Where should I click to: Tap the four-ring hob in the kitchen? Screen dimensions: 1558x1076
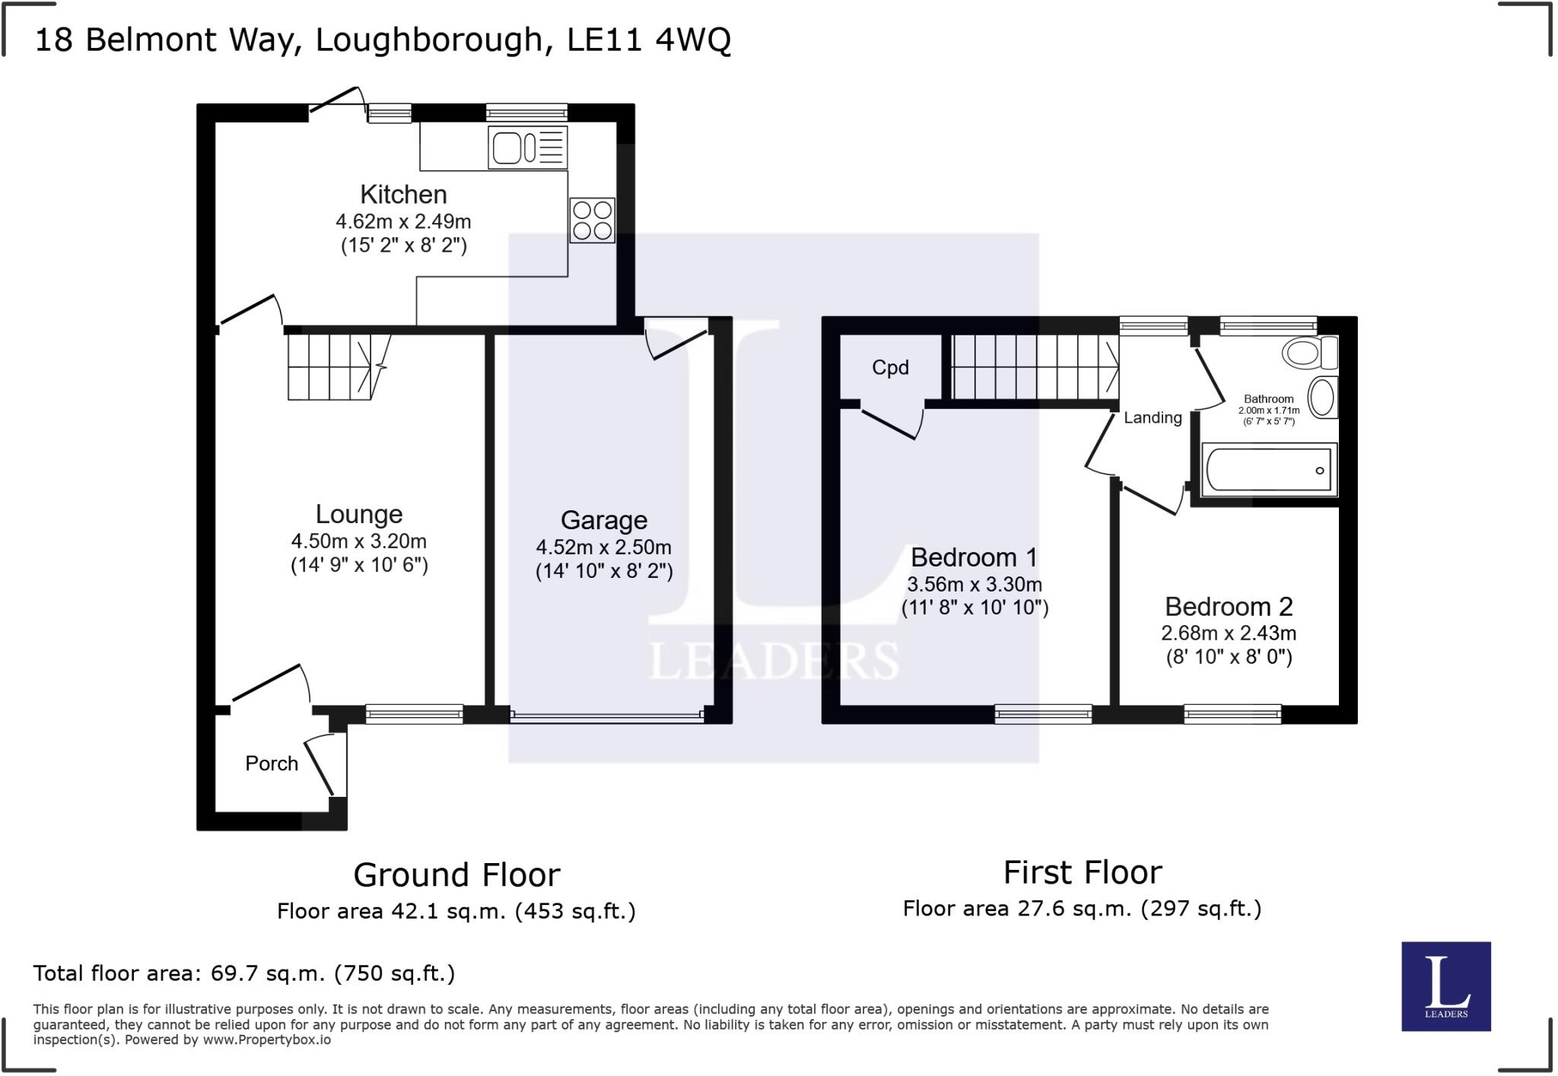(x=592, y=221)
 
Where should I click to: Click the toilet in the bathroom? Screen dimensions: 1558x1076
(x=1309, y=353)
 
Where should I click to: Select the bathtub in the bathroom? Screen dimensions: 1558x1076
(x=1269, y=469)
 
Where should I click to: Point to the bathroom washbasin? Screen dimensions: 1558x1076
(x=1322, y=397)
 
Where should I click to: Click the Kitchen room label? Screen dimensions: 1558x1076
(x=403, y=195)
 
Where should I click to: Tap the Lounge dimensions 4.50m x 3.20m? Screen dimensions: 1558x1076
(x=358, y=541)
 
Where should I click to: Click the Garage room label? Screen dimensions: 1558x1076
(x=604, y=520)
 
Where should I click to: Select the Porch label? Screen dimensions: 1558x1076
(x=272, y=763)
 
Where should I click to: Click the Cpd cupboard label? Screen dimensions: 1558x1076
(x=890, y=368)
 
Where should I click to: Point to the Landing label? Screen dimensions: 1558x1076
(x=1153, y=417)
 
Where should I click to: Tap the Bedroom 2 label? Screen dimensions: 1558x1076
(x=1229, y=607)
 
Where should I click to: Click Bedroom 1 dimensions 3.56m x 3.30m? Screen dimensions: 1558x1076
(x=975, y=584)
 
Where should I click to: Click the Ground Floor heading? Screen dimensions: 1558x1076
(x=456, y=875)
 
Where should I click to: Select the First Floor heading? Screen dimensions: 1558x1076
(x=1083, y=873)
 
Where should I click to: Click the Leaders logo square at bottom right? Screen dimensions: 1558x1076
(x=1445, y=986)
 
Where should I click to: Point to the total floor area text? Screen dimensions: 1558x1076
(x=244, y=973)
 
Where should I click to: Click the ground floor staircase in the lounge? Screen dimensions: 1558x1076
(x=330, y=367)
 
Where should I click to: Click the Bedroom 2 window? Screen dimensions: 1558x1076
(x=1232, y=714)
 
